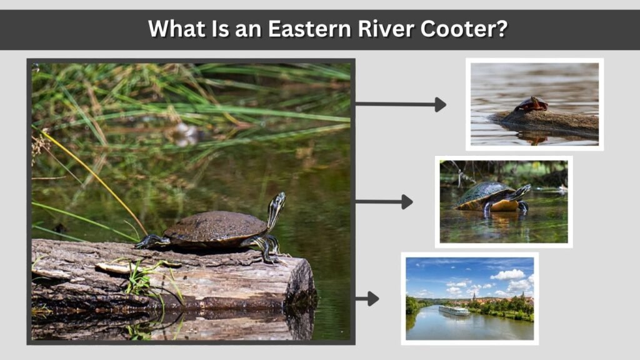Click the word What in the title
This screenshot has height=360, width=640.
(x=177, y=29)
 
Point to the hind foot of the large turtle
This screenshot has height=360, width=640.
(x=152, y=242)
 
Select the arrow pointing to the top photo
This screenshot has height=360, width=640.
(x=401, y=104)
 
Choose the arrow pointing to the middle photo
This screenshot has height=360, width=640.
(x=384, y=202)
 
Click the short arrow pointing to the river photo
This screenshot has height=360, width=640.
(x=367, y=299)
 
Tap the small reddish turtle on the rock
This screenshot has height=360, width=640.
(x=531, y=104)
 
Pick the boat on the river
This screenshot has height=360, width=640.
(x=454, y=311)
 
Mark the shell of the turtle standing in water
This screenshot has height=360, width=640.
(x=485, y=194)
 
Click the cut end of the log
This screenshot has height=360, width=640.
(x=301, y=282)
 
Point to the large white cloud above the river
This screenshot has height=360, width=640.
(x=507, y=275)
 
